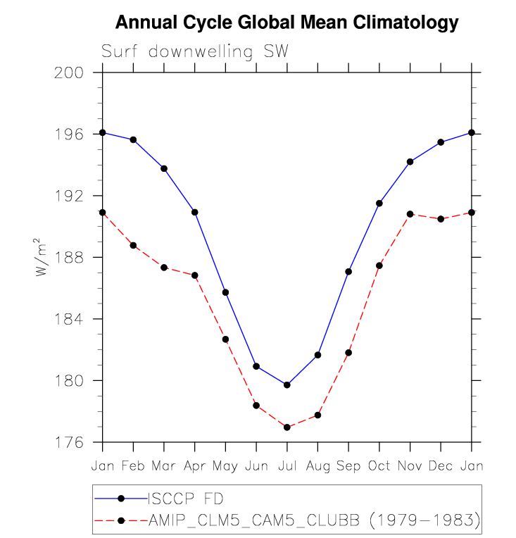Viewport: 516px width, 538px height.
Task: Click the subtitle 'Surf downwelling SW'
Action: (195, 51)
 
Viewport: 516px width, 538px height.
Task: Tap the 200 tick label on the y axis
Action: (69, 73)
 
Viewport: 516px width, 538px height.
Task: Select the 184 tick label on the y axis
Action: (69, 319)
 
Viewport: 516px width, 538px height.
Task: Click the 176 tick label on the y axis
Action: (69, 442)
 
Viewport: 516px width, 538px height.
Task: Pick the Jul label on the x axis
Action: (287, 466)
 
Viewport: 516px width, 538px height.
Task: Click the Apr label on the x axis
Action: (194, 466)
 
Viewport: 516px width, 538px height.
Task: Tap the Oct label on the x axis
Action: (379, 466)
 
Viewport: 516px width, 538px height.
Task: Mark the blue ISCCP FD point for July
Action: (287, 384)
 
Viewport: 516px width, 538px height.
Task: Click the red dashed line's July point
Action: (287, 427)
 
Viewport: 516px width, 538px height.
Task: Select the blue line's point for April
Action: (195, 212)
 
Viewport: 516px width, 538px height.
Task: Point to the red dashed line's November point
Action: (410, 213)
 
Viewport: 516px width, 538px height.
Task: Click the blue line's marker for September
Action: (348, 271)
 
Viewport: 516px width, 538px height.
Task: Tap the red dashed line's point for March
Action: (164, 268)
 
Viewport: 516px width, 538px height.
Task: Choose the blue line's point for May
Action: (225, 292)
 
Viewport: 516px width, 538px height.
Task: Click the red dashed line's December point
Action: (441, 219)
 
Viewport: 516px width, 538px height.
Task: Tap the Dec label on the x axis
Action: (441, 466)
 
